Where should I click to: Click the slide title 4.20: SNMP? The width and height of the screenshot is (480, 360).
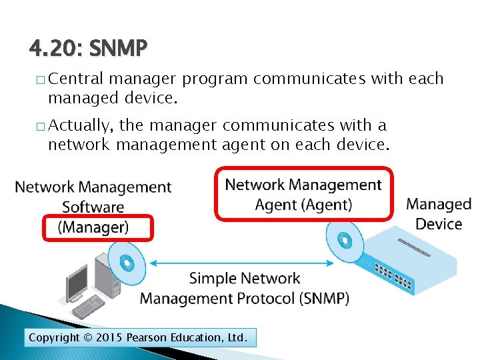pos(89,49)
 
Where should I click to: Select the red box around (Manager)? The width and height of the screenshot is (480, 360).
pos(98,228)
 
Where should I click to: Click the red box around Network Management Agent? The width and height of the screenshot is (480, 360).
pos(303,193)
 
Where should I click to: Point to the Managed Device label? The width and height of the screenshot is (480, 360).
pos(438,214)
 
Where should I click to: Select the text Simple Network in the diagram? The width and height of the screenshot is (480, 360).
pos(245,279)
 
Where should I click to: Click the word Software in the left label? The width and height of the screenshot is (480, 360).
pos(93,207)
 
